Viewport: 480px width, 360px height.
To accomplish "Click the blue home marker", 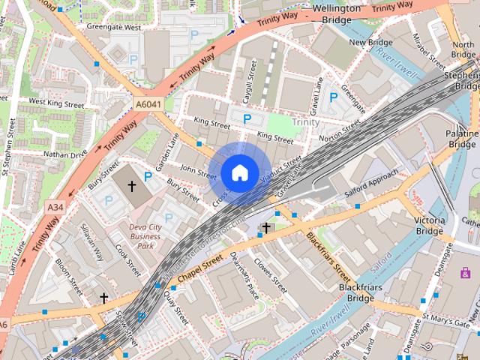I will pyautogui.click(x=238, y=173).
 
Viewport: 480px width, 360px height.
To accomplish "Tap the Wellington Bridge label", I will pyautogui.click(x=341, y=13).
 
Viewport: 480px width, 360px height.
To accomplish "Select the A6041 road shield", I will pyautogui.click(x=150, y=99).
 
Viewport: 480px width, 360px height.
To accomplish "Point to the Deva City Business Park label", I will pyautogui.click(x=145, y=235).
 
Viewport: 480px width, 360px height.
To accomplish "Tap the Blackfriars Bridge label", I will pyautogui.click(x=355, y=292).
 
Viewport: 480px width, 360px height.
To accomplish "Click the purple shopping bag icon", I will pyautogui.click(x=465, y=272).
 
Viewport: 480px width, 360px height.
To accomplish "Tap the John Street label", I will pyautogui.click(x=198, y=172).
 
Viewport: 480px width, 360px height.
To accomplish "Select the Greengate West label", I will pyautogui.click(x=113, y=27).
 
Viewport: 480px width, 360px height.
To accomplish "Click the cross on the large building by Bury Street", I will pyautogui.click(x=132, y=184).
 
